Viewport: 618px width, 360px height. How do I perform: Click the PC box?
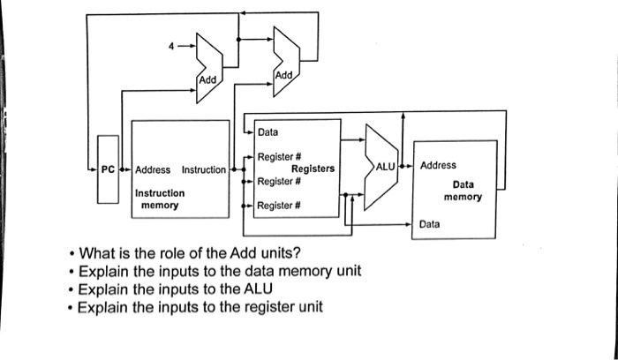(x=106, y=169)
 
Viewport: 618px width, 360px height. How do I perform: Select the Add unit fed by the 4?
(x=207, y=64)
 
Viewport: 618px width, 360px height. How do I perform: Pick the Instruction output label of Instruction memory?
(x=204, y=169)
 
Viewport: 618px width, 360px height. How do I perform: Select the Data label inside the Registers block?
(x=268, y=132)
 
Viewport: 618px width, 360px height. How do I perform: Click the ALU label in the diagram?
(x=386, y=166)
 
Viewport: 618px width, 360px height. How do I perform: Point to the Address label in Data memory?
(x=439, y=165)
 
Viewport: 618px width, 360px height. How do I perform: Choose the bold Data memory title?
(x=463, y=191)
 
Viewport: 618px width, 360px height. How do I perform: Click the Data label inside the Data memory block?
(x=430, y=225)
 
